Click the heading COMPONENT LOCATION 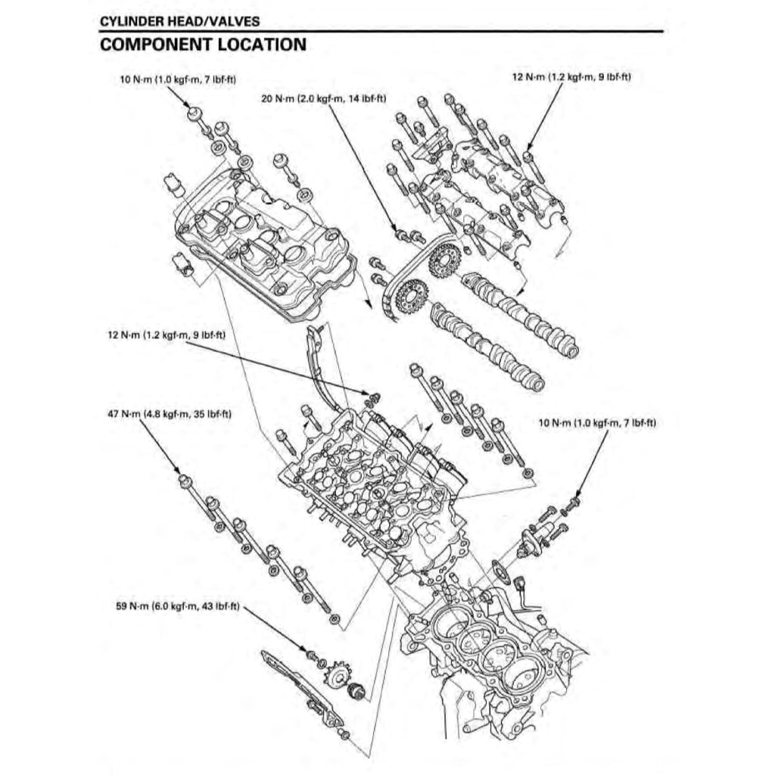(203, 45)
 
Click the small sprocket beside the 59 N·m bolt (331, 674)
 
